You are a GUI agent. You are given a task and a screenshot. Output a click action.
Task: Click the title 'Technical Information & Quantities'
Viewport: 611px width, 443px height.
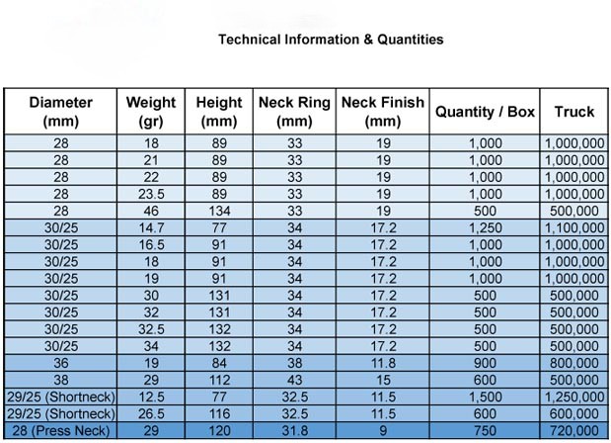click(x=331, y=41)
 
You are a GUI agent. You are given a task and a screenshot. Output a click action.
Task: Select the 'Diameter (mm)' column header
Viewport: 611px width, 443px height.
click(x=61, y=112)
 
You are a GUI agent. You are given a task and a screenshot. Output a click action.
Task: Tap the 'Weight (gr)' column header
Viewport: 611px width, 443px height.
click(x=151, y=112)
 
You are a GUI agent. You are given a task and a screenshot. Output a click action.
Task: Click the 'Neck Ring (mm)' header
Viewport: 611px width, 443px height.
click(x=294, y=112)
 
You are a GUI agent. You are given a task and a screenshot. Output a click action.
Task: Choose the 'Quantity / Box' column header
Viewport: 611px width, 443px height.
click(x=485, y=112)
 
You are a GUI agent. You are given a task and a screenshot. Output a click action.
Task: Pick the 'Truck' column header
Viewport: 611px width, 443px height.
click(x=573, y=112)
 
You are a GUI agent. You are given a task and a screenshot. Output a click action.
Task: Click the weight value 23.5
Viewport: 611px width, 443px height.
click(x=151, y=194)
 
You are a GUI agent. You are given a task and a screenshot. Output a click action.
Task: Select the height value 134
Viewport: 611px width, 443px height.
click(x=219, y=211)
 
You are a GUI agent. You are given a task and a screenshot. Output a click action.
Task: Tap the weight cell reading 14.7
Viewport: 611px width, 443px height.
click(x=151, y=227)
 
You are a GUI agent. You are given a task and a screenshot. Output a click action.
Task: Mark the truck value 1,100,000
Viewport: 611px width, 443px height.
click(x=573, y=227)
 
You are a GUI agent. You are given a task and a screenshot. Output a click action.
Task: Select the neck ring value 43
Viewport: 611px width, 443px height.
click(x=294, y=379)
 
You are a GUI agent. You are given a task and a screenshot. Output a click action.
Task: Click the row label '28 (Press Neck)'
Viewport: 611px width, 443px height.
click(x=61, y=430)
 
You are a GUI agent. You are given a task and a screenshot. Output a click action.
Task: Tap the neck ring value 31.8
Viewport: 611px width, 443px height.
click(x=294, y=430)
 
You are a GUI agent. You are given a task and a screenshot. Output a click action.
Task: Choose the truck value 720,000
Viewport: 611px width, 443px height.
click(x=573, y=430)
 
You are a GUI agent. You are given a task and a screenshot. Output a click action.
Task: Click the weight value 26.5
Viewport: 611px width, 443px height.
click(x=151, y=412)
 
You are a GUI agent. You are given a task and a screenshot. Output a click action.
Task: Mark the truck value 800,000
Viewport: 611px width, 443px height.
click(x=573, y=362)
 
